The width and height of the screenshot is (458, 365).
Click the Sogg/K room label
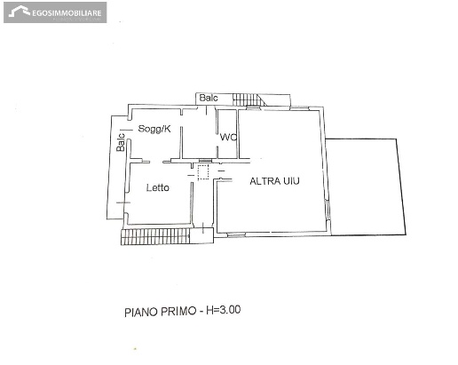[154, 129]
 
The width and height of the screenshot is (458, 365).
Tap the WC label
[228, 138]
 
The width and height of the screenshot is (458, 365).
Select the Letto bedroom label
[158, 187]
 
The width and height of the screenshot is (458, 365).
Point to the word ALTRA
[265, 181]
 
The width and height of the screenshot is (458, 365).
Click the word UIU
[291, 180]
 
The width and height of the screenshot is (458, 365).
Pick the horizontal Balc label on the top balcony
[209, 98]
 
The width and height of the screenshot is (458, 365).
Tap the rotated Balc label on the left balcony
[121, 142]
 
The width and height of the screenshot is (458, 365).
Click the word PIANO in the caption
[141, 313]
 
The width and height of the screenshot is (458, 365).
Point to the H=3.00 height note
[224, 310]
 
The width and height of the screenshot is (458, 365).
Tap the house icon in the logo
[20, 12]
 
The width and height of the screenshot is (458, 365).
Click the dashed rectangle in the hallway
[203, 172]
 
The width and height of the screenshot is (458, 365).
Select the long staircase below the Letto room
[155, 236]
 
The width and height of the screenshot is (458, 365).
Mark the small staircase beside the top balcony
[249, 99]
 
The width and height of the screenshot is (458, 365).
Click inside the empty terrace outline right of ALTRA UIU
[366, 186]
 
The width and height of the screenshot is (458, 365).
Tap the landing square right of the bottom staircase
[201, 235]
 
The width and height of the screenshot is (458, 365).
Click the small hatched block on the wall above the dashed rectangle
[205, 161]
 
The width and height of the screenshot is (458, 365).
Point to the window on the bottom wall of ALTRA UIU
[236, 235]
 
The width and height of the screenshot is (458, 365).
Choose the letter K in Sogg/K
[168, 129]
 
